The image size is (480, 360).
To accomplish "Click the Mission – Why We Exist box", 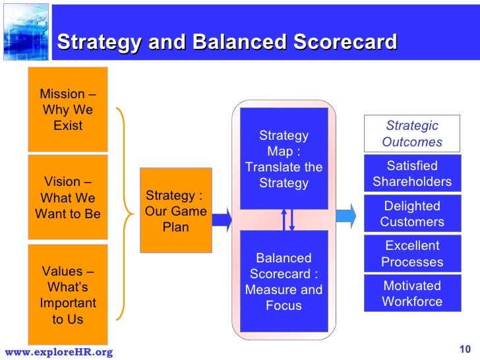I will tap(67, 109).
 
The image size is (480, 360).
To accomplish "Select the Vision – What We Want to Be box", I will tap(67, 198).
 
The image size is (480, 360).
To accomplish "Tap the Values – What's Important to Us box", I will tap(67, 295).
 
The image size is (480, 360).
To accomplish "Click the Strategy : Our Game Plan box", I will tap(175, 211).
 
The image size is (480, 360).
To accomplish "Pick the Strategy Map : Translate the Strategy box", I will tap(284, 159).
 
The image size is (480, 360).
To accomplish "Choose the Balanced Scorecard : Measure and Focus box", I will tap(284, 282).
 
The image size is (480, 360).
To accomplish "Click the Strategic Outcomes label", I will tap(411, 134).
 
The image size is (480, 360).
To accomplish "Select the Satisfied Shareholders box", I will tap(412, 174).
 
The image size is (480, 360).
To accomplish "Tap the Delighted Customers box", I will tap(412, 214).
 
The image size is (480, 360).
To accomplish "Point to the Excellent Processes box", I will tap(412, 254).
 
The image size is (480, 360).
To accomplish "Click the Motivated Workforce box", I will tap(412, 294).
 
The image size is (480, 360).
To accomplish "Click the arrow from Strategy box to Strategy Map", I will tap(222, 219).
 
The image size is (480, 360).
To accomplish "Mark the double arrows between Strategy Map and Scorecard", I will tap(287, 220).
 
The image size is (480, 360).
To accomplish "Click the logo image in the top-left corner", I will tap(25, 30).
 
